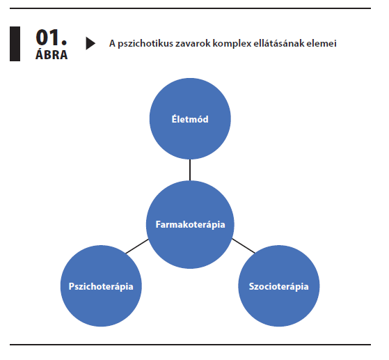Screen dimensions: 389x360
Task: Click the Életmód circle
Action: coord(190,118)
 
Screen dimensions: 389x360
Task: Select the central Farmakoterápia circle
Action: coord(190,224)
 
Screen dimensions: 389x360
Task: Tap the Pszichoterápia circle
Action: coord(101,286)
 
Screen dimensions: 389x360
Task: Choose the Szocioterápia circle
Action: coord(279,286)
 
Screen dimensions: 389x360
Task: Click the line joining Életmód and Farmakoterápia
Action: coord(190,170)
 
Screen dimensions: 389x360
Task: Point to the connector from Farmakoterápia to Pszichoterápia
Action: coord(137,246)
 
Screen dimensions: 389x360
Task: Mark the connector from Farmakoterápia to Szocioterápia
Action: coord(244,246)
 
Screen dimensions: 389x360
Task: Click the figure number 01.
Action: coord(51,37)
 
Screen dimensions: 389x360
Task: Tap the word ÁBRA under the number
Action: coord(51,54)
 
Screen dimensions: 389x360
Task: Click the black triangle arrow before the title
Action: coord(90,43)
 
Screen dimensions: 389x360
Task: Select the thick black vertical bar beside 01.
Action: coord(15,44)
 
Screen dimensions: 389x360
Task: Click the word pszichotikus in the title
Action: coord(145,44)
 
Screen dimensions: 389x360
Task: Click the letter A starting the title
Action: coord(112,43)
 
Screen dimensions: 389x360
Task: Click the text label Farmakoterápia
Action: coord(190,225)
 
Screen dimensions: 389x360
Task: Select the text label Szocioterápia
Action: coord(278,286)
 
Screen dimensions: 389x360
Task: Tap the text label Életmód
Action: coord(190,119)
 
